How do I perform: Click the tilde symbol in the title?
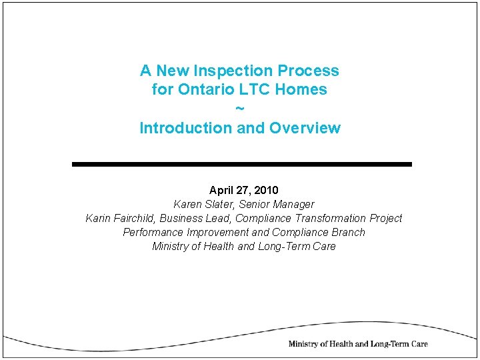(240, 108)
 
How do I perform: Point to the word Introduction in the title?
(186, 128)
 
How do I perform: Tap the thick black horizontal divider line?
(241, 164)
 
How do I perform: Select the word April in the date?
(222, 190)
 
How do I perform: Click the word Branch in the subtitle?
(348, 232)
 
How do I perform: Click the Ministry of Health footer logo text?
(357, 344)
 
